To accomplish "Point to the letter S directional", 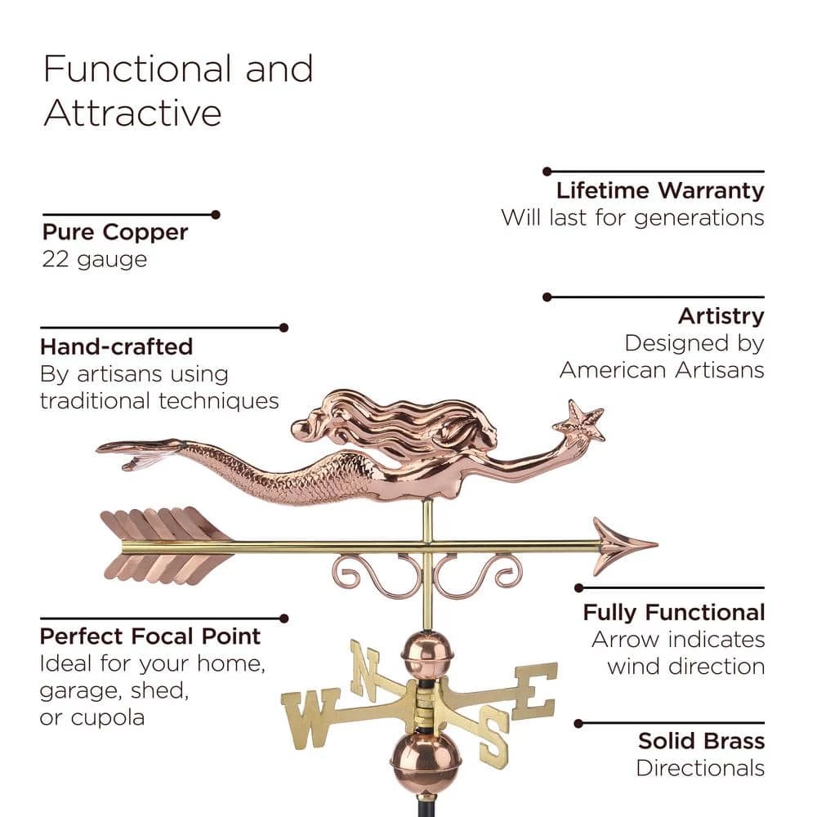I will pos(493,737).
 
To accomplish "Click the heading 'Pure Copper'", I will pos(115,232).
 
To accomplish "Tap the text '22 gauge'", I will pos(95,260).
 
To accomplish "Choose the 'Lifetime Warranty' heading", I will pos(660,191).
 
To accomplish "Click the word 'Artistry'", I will pos(721,316).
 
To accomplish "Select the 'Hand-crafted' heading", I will pos(116,346).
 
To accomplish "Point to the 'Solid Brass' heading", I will pos(701,741).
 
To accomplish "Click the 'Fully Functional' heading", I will pos(673,612).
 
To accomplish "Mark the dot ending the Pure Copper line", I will pos(216,215).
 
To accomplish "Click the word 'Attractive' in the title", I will pos(132,113).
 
